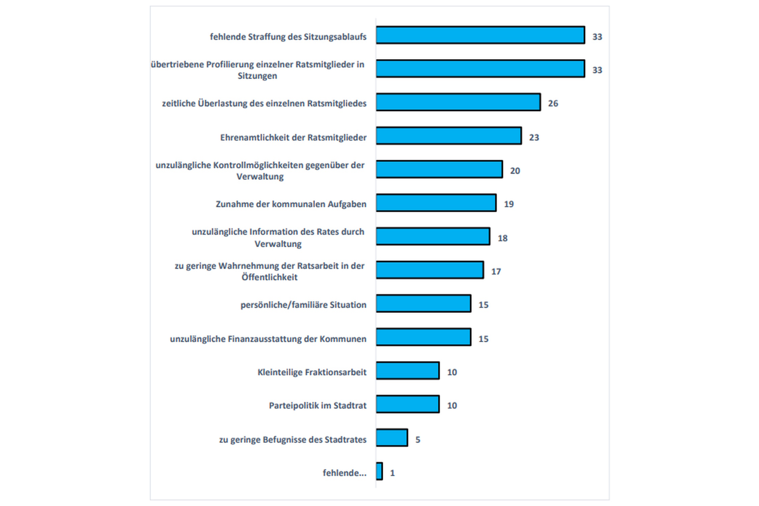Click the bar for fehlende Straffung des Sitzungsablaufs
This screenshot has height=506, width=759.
click(480, 35)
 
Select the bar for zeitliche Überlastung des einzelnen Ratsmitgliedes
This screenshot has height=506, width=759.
click(458, 102)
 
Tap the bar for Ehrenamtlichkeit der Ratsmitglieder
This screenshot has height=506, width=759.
click(449, 136)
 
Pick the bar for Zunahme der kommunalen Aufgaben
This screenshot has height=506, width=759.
click(436, 203)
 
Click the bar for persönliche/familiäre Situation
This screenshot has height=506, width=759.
click(423, 303)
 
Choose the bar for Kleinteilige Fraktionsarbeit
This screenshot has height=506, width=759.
click(407, 370)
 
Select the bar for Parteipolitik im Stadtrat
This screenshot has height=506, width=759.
click(407, 404)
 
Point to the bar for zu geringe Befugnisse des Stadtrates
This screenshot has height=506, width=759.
click(392, 438)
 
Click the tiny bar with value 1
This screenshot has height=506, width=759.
click(379, 471)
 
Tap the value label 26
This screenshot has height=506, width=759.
click(553, 103)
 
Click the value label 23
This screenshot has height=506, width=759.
click(534, 137)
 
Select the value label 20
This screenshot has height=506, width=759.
click(515, 171)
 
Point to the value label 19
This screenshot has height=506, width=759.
click(508, 204)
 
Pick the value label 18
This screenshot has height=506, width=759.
click(502, 238)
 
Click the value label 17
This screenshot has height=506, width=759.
click(496, 271)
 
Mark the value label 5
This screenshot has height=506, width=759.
click(418, 440)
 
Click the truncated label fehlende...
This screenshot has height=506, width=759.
click(344, 473)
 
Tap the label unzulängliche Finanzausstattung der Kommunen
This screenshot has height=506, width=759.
click(268, 339)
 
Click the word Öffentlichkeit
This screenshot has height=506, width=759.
click(269, 277)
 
